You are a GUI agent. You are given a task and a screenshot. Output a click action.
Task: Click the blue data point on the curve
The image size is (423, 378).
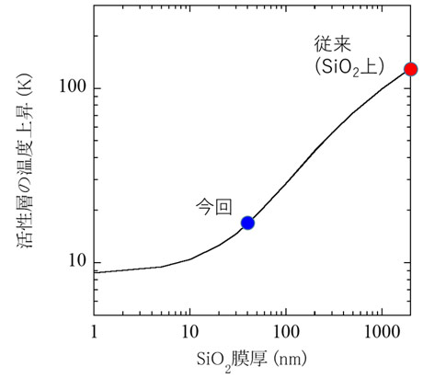point(247,223)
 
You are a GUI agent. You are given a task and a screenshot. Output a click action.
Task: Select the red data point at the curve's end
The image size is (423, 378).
point(411,69)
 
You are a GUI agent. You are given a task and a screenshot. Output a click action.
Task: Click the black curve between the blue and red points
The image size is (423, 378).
point(317,147)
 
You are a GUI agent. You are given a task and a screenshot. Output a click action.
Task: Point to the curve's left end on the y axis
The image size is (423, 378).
point(96,272)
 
